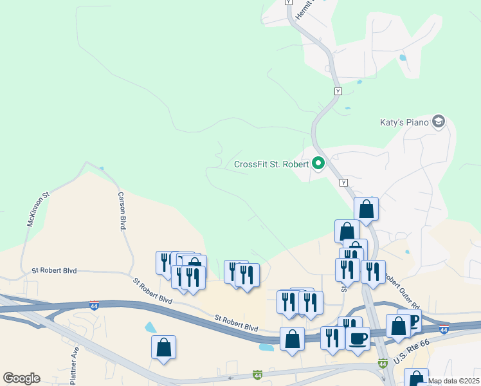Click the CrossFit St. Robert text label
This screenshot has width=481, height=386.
(x=271, y=163)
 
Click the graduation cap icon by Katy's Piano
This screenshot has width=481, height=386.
(x=439, y=122)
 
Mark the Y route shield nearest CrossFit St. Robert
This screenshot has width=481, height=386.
(x=343, y=183)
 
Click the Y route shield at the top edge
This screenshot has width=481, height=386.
(x=289, y=3)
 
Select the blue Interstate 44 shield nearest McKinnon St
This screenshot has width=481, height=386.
(x=94, y=306)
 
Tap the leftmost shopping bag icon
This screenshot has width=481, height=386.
(x=164, y=348)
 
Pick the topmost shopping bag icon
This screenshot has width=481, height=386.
(x=366, y=208)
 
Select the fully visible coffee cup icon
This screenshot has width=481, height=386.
(x=358, y=337)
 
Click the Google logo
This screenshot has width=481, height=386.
(x=21, y=378)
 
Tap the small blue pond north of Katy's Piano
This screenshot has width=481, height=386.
(x=403, y=57)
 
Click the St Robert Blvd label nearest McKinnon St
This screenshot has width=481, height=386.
(x=54, y=271)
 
